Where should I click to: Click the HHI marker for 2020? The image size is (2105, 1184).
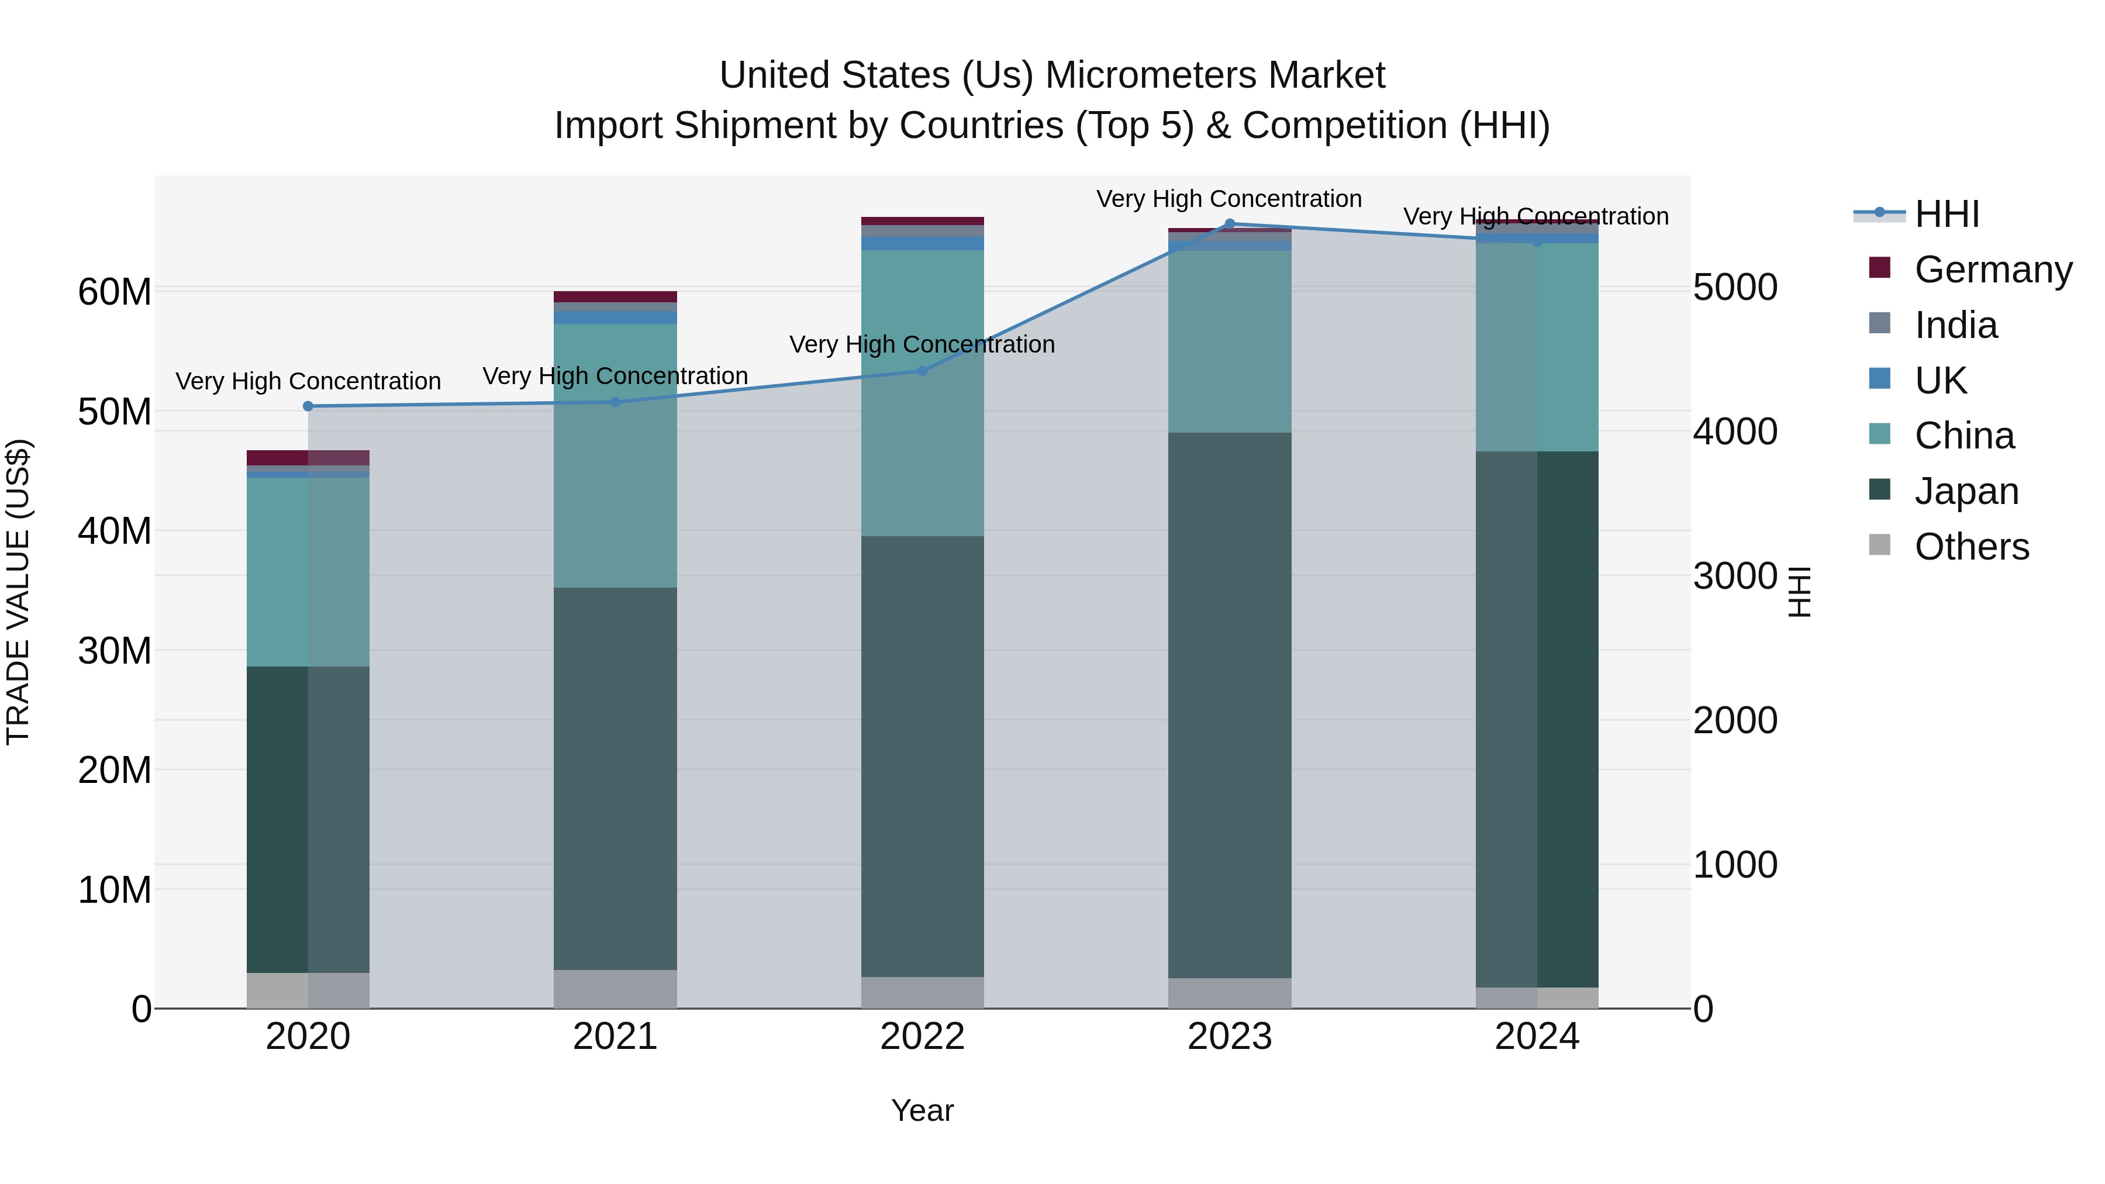308,406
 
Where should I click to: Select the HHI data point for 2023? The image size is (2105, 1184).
1230,224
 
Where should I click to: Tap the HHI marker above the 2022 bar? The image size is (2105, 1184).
923,371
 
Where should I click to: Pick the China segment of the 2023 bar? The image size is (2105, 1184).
1230,341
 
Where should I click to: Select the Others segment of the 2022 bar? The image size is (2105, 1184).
923,992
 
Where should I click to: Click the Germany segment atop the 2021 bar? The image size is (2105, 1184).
615,296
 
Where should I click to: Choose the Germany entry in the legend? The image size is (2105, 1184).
1993,270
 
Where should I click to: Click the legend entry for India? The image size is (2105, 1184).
1955,325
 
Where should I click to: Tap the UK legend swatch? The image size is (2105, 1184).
1879,379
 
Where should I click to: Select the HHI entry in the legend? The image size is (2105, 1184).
1947,214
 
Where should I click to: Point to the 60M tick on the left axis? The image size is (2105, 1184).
115,292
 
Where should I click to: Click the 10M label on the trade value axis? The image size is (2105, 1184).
115,890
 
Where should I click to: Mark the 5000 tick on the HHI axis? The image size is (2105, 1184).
1735,288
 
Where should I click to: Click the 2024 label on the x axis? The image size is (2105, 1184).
1536,1037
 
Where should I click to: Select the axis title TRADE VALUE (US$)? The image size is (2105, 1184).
18,592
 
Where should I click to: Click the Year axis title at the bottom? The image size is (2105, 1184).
923,1110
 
